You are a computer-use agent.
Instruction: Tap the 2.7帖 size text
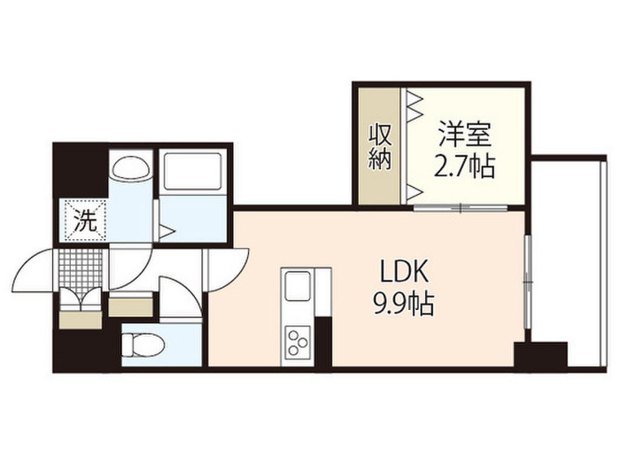click(464, 166)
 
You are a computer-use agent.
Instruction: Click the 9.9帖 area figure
click(404, 303)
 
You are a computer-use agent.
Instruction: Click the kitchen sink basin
click(298, 285)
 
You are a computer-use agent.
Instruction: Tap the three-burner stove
click(297, 341)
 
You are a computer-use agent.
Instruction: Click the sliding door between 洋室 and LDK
click(460, 208)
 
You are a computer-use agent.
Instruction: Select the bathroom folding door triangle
click(166, 231)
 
